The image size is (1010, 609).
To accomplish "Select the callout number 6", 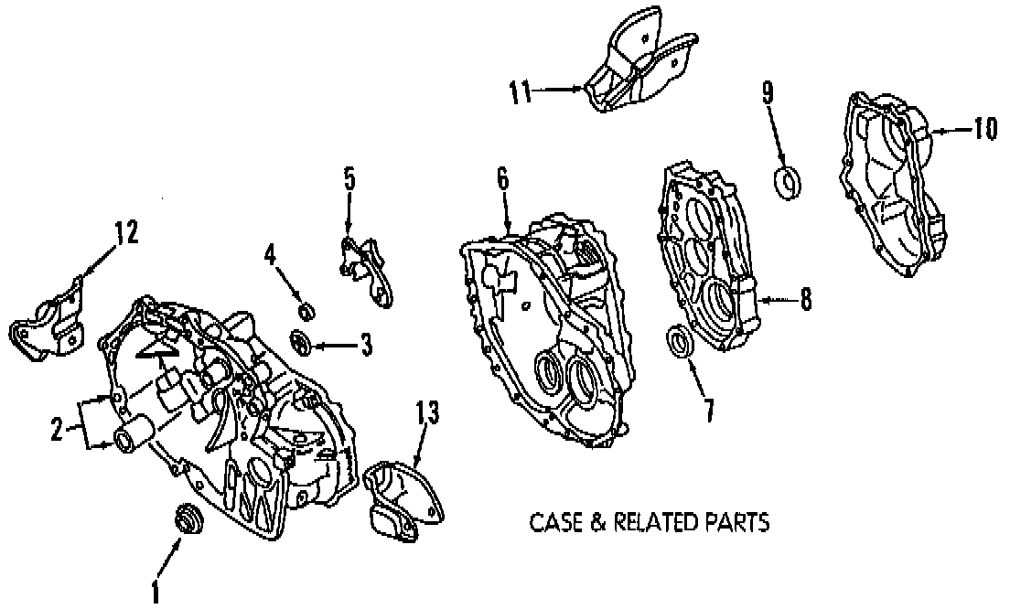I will [502, 179].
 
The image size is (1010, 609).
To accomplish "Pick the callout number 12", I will [125, 233].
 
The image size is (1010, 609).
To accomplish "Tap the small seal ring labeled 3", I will [299, 343].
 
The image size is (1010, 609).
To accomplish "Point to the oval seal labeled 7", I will [678, 342].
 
